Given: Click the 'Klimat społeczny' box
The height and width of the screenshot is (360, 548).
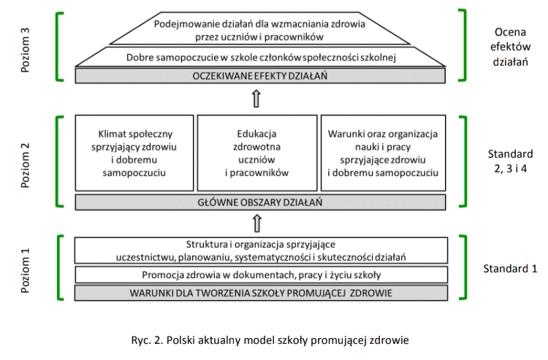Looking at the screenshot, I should click(135, 154).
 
